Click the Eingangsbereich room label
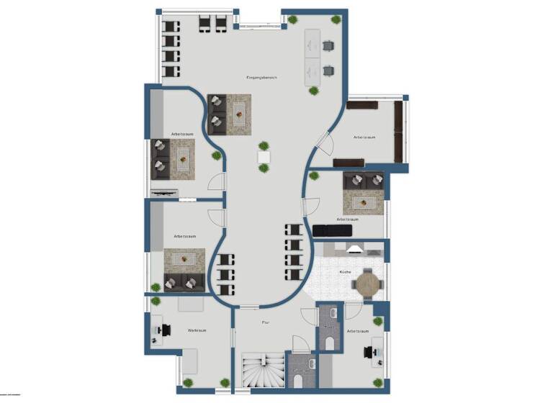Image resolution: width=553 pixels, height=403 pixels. [x=261, y=77]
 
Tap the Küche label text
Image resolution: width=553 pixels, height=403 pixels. [x=345, y=271]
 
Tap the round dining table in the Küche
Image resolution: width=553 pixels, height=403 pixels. [x=367, y=284]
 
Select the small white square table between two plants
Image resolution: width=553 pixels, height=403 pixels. [x=264, y=156]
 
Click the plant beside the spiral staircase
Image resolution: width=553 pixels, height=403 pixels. [x=225, y=383]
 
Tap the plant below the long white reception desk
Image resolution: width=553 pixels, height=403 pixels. [x=315, y=91]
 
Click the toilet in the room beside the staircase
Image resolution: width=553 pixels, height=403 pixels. [x=298, y=379]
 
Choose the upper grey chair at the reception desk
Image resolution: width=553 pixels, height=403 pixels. [x=329, y=46]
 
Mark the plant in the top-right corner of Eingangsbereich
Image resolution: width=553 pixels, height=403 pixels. [x=334, y=20]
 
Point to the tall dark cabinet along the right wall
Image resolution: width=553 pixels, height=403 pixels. [x=398, y=132]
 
